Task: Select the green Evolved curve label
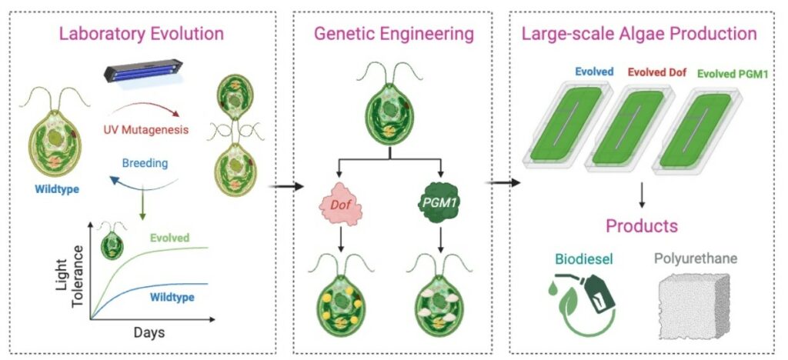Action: [x=171, y=238]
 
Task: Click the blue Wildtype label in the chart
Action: [x=172, y=297]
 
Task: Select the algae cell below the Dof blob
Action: [x=340, y=296]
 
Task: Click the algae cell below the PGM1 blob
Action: [x=442, y=296]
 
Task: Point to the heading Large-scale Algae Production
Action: [x=639, y=34]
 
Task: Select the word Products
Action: [x=642, y=226]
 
